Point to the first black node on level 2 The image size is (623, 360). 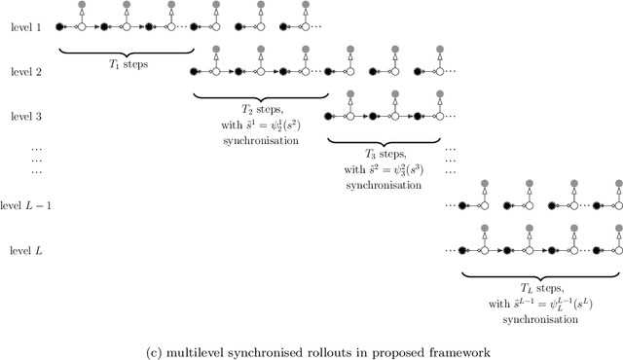pos(195,71)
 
